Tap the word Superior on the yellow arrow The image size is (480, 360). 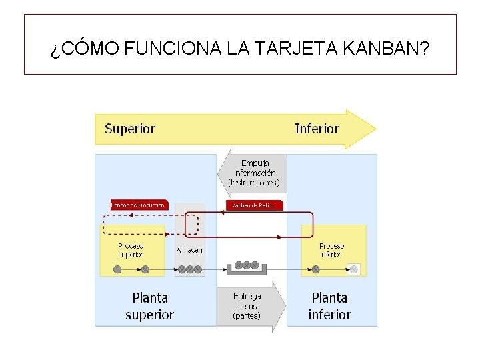[x=130, y=129]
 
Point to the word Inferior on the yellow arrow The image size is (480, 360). [x=317, y=129]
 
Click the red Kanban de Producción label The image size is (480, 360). [x=139, y=205]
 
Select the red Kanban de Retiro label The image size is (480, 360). [x=254, y=205]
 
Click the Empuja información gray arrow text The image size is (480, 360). [x=254, y=173]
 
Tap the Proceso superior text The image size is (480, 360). [x=131, y=249]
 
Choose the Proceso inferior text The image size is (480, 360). [x=331, y=249]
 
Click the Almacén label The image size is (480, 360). [x=189, y=250]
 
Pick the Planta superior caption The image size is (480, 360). [x=149, y=306]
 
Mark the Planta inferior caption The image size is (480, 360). [x=329, y=306]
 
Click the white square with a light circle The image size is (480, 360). [x=354, y=269]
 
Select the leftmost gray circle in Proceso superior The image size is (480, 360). [x=117, y=269]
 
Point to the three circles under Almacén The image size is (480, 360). [x=189, y=269]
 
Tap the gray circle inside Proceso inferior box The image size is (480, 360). [x=315, y=269]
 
